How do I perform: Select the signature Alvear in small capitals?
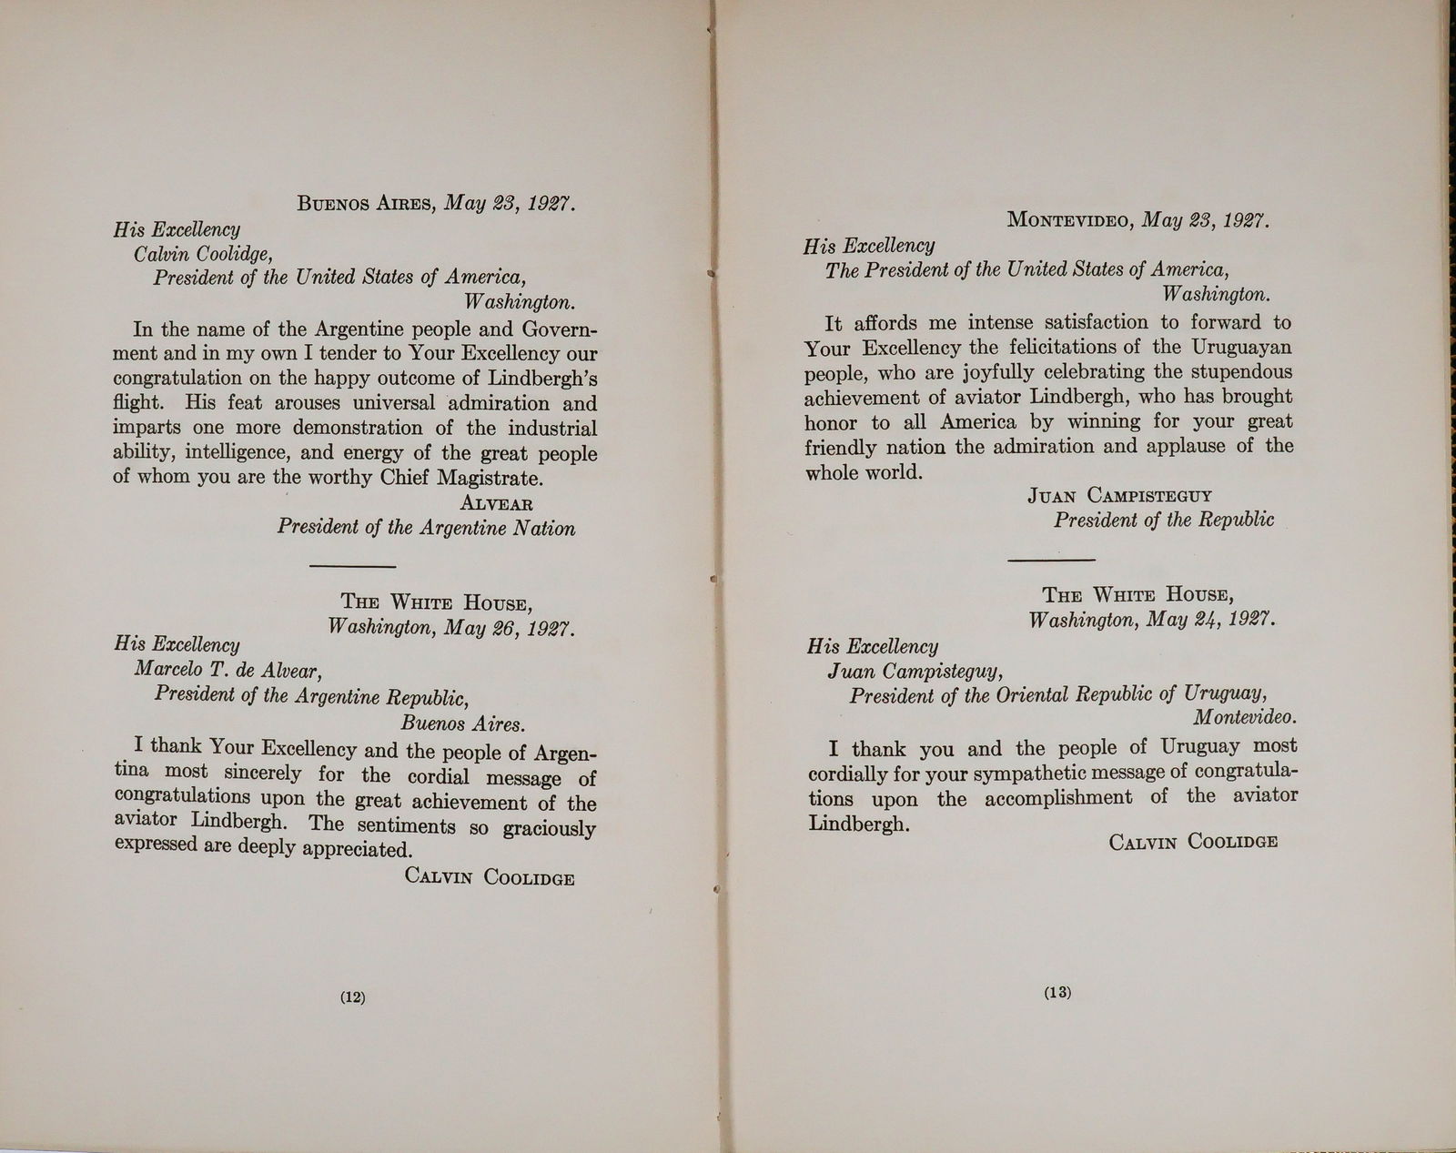[497, 503]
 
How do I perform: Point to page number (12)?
[352, 996]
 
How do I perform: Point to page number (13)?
[1058, 993]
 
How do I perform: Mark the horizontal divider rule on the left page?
[352, 567]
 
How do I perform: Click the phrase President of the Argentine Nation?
[426, 528]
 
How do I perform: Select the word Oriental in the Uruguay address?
[1022, 693]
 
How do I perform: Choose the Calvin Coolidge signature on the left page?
[490, 877]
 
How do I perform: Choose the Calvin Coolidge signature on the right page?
[1193, 841]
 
